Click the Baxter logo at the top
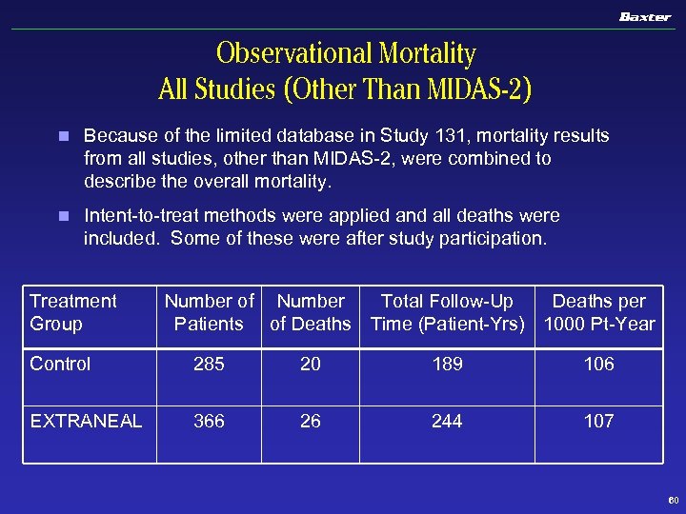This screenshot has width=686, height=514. coord(645,17)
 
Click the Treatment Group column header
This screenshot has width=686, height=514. coord(73,312)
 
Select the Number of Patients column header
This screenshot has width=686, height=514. coord(209,312)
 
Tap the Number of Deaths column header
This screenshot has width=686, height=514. coord(311,312)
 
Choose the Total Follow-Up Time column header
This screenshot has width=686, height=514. coord(447,312)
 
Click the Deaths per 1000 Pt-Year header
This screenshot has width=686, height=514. coord(599,312)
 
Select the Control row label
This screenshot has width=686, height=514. coord(61,364)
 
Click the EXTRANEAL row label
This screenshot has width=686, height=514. coord(87,421)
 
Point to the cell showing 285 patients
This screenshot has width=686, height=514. coord(209,364)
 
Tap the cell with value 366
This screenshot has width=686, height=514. coord(209,421)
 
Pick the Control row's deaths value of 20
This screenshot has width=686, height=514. coord(311,364)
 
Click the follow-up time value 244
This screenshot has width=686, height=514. coord(447,421)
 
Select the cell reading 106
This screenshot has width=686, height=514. coord(599,364)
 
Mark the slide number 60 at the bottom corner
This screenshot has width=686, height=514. coord(673,500)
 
